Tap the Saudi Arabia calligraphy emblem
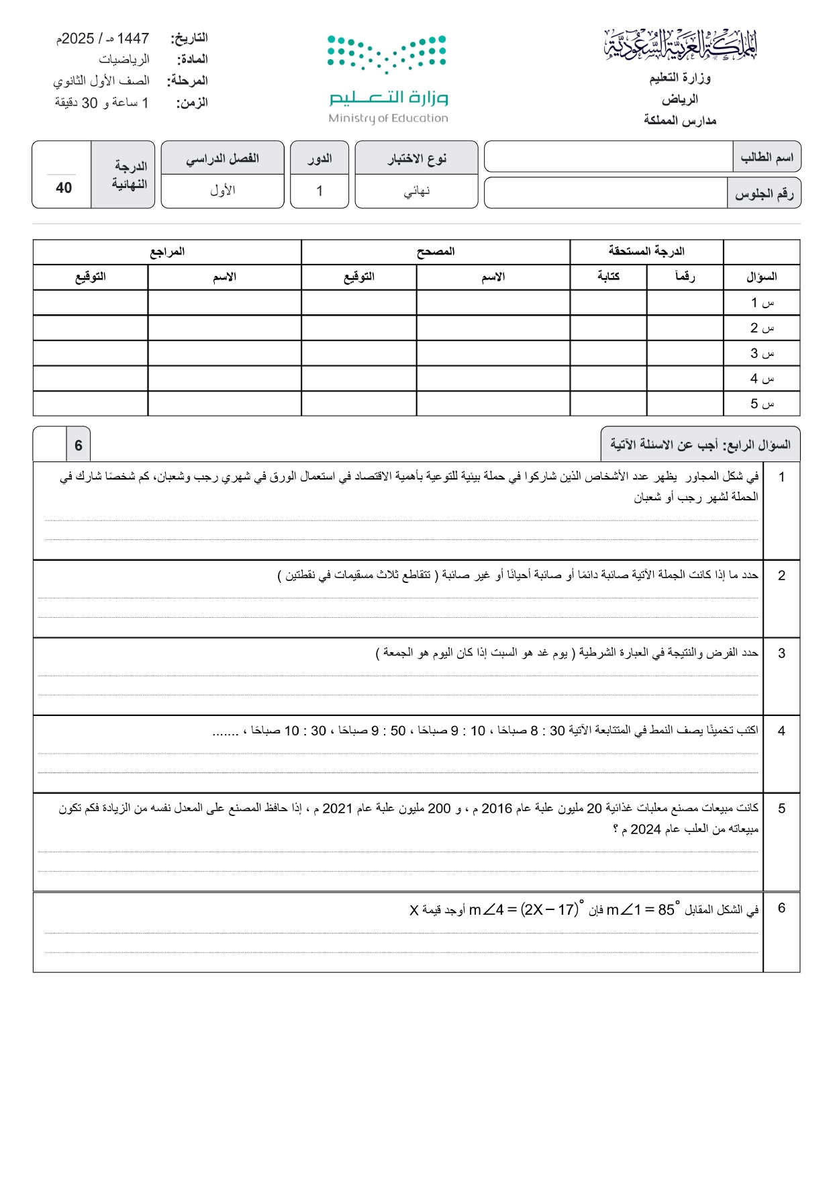click(x=681, y=46)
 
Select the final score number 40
click(x=64, y=188)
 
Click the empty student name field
click(x=607, y=157)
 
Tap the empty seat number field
click(x=605, y=193)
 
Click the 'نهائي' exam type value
click(x=416, y=191)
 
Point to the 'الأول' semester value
click(x=222, y=191)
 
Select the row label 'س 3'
click(x=762, y=353)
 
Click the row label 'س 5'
click(x=762, y=404)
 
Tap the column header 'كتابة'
click(x=608, y=277)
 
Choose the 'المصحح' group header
click(x=436, y=252)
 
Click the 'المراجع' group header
click(x=167, y=252)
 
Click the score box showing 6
click(x=79, y=445)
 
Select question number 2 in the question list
click(x=781, y=576)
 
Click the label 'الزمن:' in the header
click(x=192, y=103)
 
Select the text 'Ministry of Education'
click(x=388, y=118)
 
